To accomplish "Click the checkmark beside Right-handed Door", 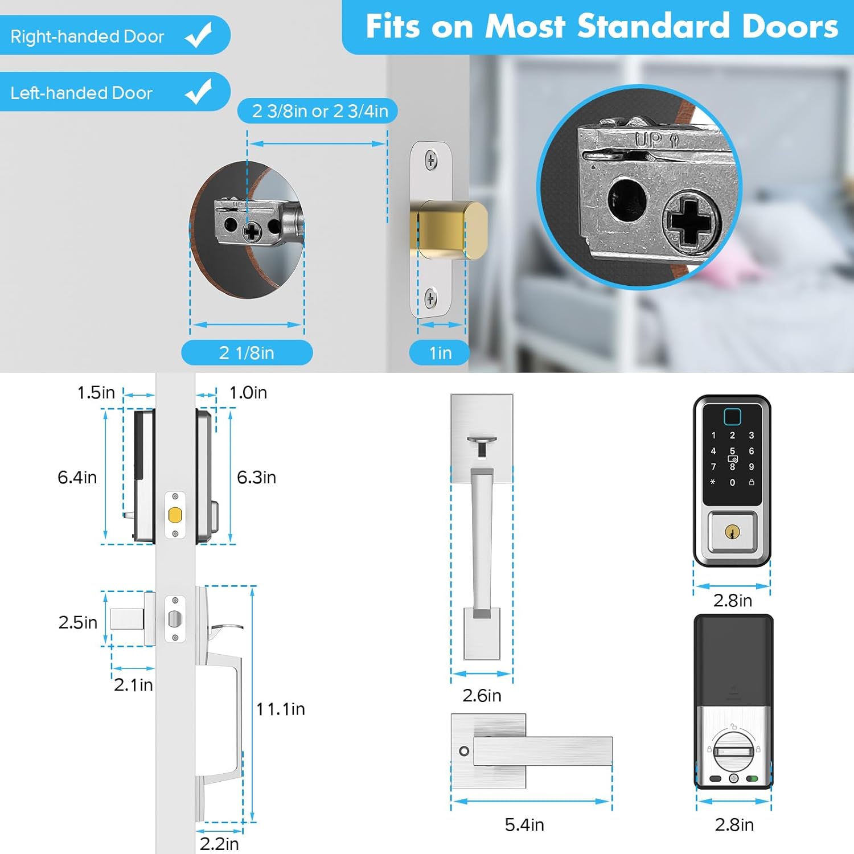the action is click(199, 35).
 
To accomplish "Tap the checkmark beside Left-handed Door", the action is click(199, 92).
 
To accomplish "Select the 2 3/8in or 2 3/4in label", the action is click(320, 110).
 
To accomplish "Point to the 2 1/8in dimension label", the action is click(247, 353).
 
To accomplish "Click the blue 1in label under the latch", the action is click(440, 353).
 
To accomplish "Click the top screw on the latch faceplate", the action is click(432, 160).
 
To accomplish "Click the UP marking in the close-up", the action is click(649, 139).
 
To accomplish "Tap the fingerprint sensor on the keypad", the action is click(732, 417).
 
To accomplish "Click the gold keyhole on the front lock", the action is click(732, 532).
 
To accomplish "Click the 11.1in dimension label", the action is click(281, 709).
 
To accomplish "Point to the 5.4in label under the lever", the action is click(524, 824).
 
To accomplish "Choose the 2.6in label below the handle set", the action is click(482, 695).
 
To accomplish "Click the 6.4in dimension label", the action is click(77, 477).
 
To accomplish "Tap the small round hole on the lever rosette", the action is click(464, 751).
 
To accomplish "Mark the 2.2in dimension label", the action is click(219, 843).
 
